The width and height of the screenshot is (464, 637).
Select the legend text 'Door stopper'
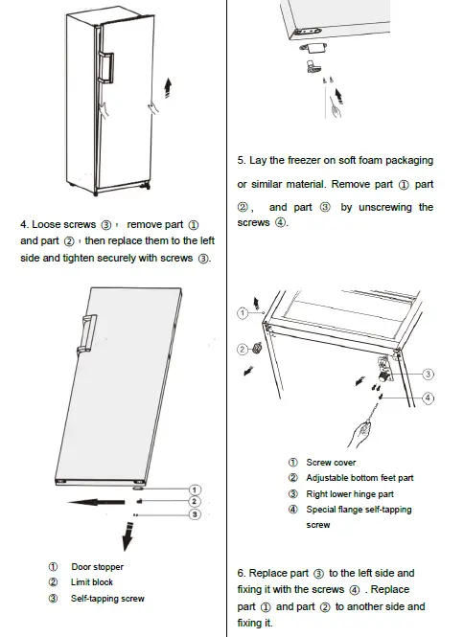point(97,567)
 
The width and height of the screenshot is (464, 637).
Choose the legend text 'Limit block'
point(92,582)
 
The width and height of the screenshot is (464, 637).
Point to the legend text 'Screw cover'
point(331,463)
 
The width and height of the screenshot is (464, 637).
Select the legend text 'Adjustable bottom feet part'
point(360,478)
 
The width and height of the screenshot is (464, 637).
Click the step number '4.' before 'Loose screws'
point(24,224)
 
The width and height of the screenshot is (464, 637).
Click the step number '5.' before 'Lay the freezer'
point(242,160)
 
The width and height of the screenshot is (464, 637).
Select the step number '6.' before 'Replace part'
point(242,573)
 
